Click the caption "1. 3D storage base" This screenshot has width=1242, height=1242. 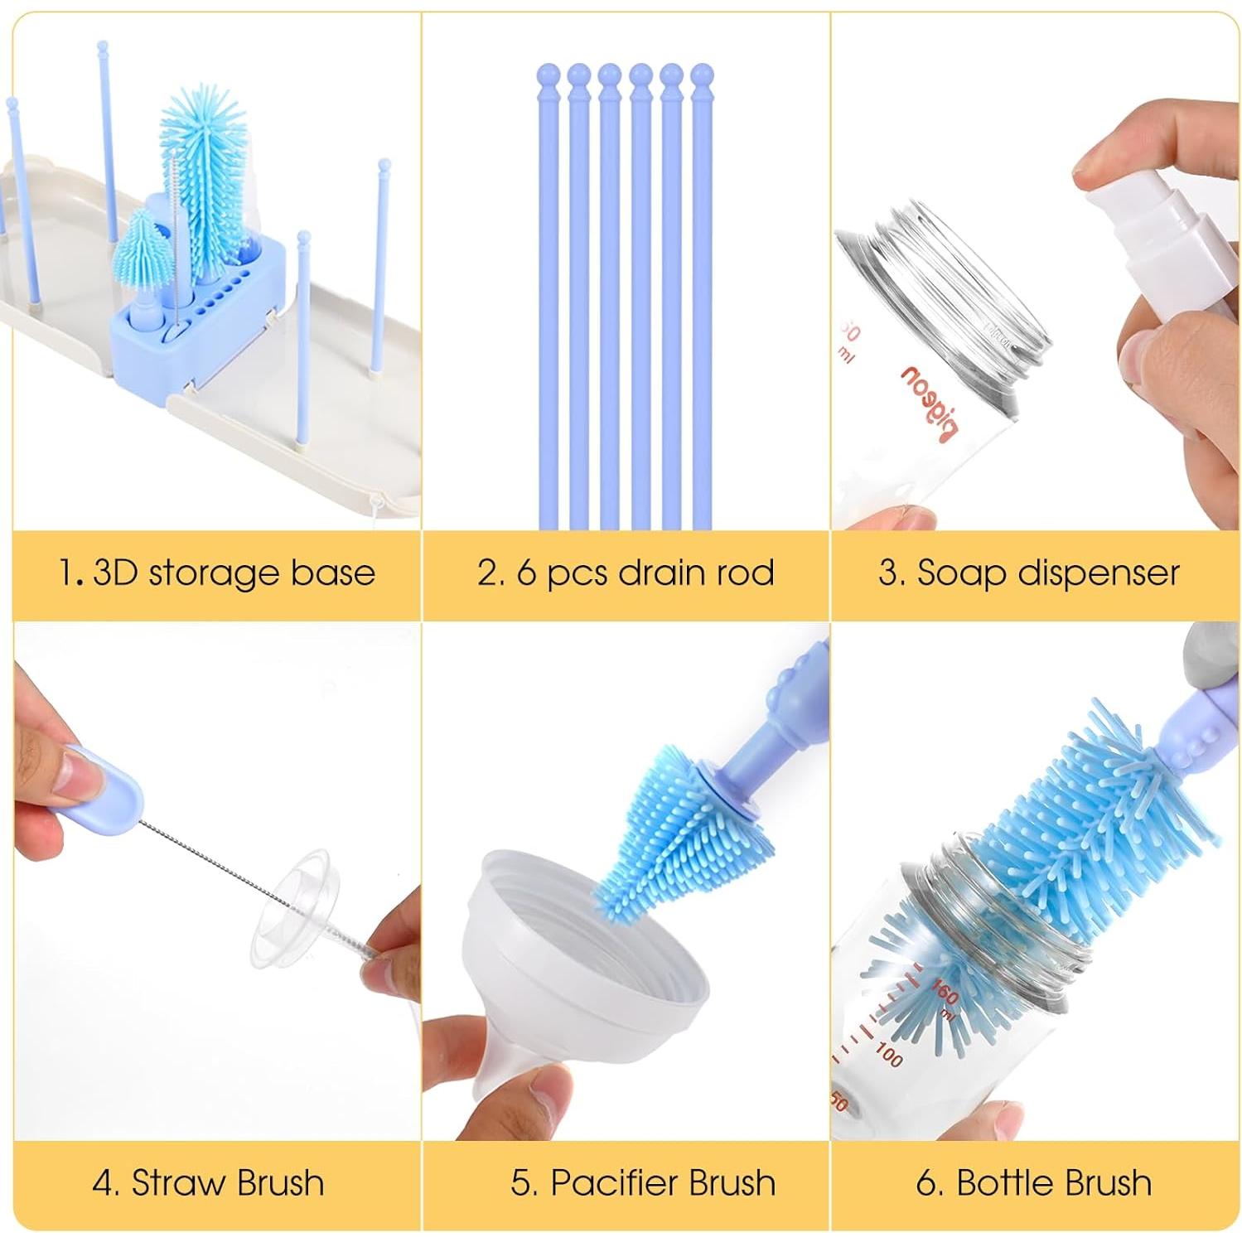click(x=217, y=573)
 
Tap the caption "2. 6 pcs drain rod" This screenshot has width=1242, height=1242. click(x=626, y=573)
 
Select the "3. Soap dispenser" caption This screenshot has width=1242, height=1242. click(x=1028, y=573)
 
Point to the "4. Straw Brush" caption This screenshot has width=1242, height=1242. click(x=208, y=1182)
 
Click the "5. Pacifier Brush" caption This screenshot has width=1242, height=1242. click(x=643, y=1182)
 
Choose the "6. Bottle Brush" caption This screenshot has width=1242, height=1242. click(x=1033, y=1182)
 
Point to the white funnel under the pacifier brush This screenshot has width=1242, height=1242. click(x=580, y=961)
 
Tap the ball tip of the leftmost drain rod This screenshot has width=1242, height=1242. click(x=549, y=76)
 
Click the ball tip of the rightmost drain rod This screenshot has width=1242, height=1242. click(x=701, y=76)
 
